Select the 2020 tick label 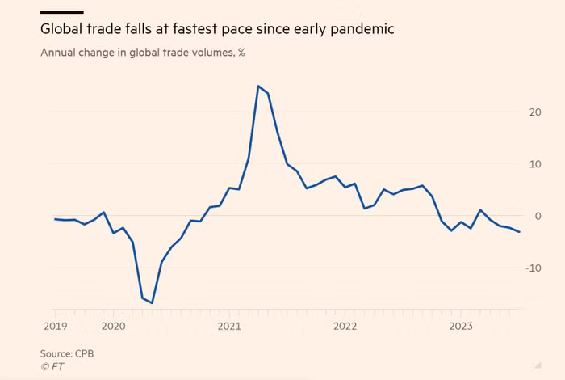pyautogui.click(x=114, y=326)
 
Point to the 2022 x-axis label pyautogui.click(x=345, y=326)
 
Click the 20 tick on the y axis pyautogui.click(x=534, y=112)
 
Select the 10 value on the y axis pyautogui.click(x=534, y=164)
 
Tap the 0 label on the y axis pyautogui.click(x=538, y=216)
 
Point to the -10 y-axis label pyautogui.click(x=533, y=268)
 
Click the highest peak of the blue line pyautogui.click(x=257, y=86)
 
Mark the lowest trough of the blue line pyautogui.click(x=152, y=303)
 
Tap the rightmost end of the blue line pyautogui.click(x=520, y=232)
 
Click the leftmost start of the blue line pyautogui.click(x=54, y=219)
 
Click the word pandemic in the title pyautogui.click(x=366, y=30)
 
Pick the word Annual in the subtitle pyautogui.click(x=59, y=54)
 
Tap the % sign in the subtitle pyautogui.click(x=241, y=54)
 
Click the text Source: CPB pyautogui.click(x=67, y=353)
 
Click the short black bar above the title pyautogui.click(x=61, y=12)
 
